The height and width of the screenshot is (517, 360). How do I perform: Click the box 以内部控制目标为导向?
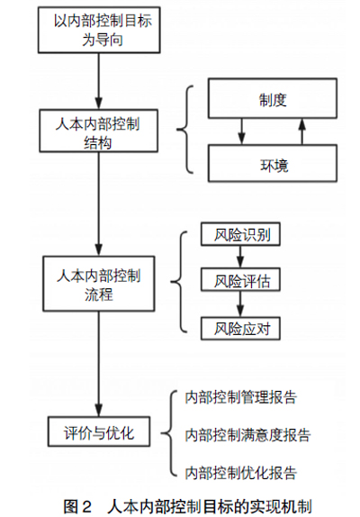99,30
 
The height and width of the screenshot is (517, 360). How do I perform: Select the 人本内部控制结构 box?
98,131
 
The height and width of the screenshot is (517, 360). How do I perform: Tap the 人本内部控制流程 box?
98,284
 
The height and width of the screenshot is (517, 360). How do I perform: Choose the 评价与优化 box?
99,431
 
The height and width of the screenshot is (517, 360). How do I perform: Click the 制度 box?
273,98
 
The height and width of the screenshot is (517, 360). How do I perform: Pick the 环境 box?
273,163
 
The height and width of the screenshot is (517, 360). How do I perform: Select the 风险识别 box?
240,234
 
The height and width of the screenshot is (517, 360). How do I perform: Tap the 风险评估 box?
240,279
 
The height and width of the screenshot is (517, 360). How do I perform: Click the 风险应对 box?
240,329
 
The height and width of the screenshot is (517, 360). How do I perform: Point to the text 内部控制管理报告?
241,397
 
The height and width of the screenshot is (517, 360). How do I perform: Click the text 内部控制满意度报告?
247,435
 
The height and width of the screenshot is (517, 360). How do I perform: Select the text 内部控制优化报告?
241,473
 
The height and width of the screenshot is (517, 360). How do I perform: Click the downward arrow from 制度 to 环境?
242,132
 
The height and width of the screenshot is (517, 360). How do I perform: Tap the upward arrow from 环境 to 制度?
302,132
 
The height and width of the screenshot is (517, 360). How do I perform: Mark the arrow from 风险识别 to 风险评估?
240,257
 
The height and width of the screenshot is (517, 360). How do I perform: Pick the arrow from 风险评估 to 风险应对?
240,304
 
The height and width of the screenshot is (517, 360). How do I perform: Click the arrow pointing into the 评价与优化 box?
98,364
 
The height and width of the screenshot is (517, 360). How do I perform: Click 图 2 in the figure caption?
77,506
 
